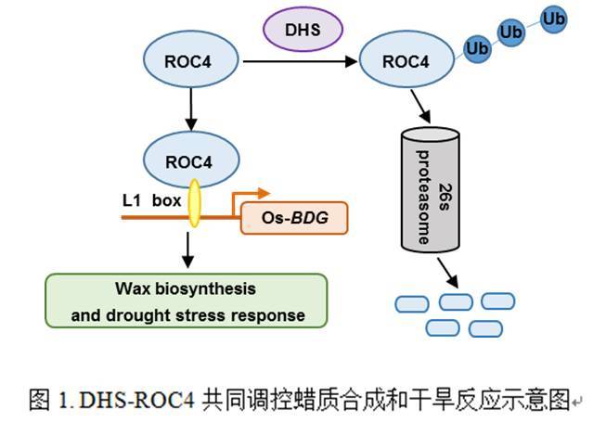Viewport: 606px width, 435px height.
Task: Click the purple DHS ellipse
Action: [303, 29]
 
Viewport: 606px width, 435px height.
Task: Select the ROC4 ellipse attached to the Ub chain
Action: [406, 62]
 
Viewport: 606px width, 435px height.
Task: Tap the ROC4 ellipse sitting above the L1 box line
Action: [188, 161]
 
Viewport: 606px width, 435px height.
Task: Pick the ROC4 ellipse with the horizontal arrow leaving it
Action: [188, 62]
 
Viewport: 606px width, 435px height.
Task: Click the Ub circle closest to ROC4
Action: [477, 47]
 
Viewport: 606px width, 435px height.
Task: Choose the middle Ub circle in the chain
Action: [511, 32]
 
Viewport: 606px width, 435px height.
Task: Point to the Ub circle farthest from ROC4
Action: [554, 18]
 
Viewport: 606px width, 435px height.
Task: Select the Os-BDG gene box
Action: [294, 218]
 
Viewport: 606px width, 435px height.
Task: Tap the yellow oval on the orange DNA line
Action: [194, 203]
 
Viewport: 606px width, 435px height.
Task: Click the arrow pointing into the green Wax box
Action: [188, 249]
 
